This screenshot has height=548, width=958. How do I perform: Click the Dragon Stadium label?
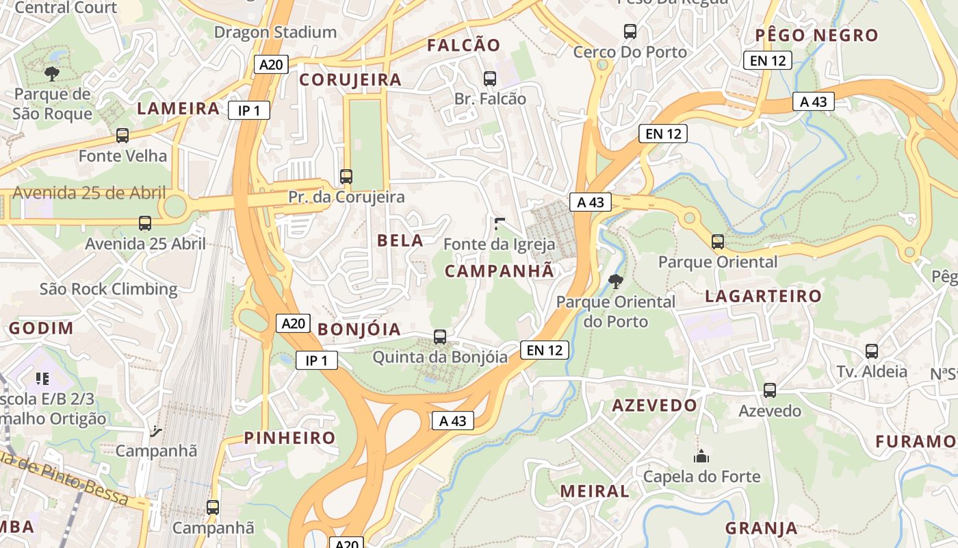(x=275, y=32)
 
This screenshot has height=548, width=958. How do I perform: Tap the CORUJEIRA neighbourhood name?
(x=350, y=79)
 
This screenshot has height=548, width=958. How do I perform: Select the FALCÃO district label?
(x=464, y=45)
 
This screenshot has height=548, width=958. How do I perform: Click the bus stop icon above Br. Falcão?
(x=489, y=78)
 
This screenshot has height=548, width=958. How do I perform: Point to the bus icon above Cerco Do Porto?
(x=630, y=31)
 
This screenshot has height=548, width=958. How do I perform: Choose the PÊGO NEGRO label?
(x=816, y=35)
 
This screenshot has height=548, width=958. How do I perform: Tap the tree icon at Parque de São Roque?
(x=51, y=73)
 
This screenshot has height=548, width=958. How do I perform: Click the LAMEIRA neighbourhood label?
(x=179, y=108)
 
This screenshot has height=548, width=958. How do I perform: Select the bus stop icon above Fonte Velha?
(x=122, y=136)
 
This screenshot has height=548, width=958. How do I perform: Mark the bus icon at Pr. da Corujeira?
(x=346, y=176)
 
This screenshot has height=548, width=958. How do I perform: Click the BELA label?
(x=400, y=240)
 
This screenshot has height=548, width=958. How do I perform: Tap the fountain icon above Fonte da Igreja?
(x=500, y=223)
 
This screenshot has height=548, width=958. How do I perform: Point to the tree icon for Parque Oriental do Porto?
(x=615, y=280)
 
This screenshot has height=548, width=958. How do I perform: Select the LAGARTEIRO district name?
(x=763, y=296)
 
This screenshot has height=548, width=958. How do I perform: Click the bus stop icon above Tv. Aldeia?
(x=872, y=351)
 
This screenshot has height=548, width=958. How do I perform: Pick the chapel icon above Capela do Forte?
(x=701, y=456)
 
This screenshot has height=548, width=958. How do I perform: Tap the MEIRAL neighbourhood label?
(x=594, y=491)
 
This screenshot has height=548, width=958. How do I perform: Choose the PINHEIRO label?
(x=290, y=438)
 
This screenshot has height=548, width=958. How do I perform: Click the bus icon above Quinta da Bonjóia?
(x=440, y=337)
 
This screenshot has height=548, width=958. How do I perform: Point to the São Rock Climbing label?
(x=108, y=288)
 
